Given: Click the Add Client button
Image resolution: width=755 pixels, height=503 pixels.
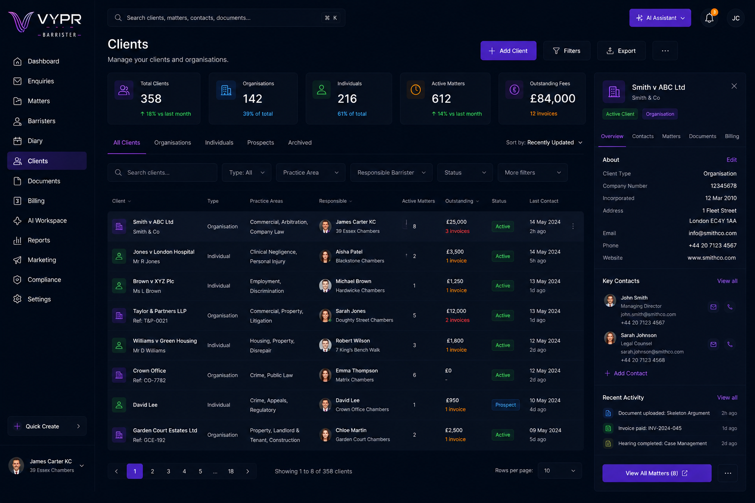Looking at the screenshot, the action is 508,51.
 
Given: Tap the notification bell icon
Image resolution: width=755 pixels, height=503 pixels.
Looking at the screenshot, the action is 709,18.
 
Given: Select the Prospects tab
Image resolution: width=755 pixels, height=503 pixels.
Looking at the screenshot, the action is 261,142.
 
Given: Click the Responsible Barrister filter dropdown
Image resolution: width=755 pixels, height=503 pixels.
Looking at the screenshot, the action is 391,172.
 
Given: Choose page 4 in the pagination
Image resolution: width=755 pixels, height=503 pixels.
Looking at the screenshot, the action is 184,472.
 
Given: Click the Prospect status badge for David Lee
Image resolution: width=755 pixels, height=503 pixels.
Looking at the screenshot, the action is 505,405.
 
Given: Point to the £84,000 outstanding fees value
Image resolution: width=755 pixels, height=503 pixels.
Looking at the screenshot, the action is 552,98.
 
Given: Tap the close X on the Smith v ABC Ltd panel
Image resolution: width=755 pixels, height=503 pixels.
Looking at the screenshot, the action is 734,86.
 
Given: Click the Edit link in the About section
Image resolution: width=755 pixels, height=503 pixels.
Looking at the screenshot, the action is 731,160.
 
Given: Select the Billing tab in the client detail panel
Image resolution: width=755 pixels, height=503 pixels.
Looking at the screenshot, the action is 732,136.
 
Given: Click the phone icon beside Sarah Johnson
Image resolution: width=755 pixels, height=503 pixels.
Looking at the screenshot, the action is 730,344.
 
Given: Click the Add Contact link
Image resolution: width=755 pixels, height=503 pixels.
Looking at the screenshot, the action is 626,373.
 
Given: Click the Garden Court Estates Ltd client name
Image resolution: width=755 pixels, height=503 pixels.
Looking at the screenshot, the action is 165,430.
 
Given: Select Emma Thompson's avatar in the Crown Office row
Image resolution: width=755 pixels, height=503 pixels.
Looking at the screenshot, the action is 325,375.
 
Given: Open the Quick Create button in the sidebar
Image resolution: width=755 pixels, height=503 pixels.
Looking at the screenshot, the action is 47,426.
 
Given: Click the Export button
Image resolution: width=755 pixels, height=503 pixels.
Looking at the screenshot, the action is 621,51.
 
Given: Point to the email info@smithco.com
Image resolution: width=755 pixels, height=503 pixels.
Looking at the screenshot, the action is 712,233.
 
